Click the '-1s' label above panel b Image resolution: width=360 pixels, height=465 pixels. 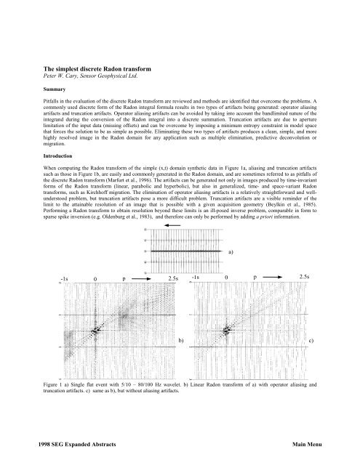(64, 279)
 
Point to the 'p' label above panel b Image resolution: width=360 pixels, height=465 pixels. (124, 279)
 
